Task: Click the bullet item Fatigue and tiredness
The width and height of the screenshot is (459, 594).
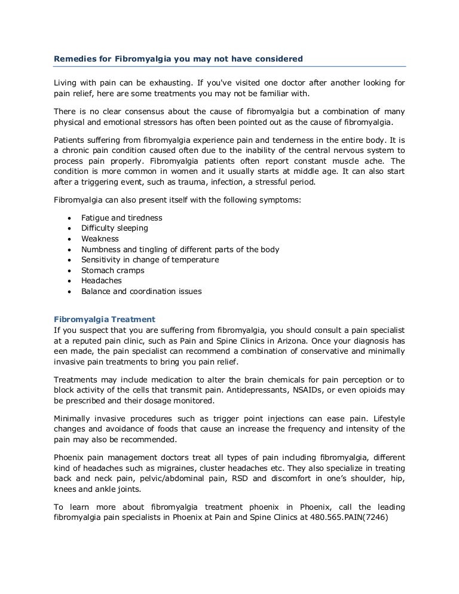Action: click(121, 218)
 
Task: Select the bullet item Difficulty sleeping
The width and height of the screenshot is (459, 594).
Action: click(114, 228)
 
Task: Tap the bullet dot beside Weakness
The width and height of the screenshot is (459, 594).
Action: click(71, 239)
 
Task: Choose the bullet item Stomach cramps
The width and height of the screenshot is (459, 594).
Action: click(112, 270)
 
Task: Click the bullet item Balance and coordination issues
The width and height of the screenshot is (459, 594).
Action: click(141, 292)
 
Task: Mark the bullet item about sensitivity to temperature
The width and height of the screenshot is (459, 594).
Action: click(150, 260)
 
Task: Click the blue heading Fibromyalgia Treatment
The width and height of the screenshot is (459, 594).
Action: click(105, 320)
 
